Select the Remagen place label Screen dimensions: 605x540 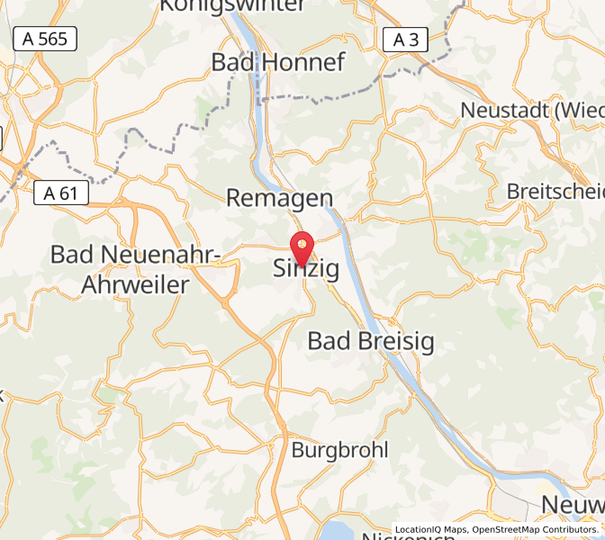click(x=279, y=198)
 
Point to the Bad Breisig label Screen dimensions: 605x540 click(x=371, y=341)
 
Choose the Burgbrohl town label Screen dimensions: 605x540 click(x=340, y=449)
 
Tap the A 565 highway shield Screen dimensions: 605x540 click(x=45, y=39)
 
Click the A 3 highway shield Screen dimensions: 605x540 click(x=406, y=39)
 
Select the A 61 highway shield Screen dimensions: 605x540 click(x=61, y=193)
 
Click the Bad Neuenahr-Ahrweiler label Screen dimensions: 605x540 click(x=135, y=269)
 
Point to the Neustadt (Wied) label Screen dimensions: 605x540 click(x=531, y=110)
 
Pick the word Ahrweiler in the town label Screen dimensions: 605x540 click(x=135, y=284)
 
